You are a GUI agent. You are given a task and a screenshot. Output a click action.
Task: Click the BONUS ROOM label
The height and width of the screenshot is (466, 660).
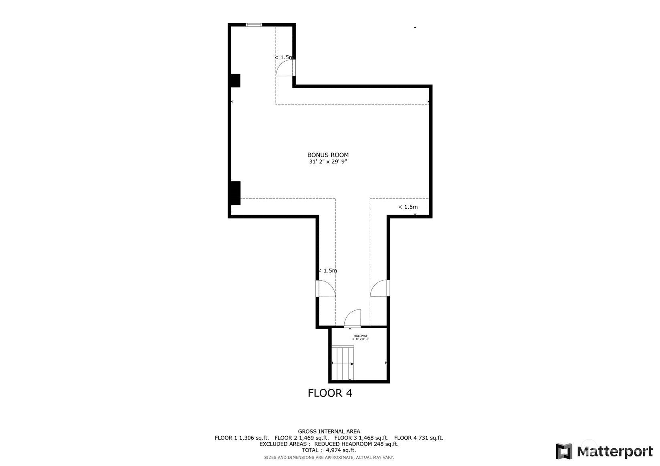[x=328, y=155]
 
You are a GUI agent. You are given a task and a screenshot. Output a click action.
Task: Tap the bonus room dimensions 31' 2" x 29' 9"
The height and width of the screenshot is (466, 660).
[x=328, y=162]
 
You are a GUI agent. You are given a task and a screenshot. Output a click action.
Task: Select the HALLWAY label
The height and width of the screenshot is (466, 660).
[x=360, y=336]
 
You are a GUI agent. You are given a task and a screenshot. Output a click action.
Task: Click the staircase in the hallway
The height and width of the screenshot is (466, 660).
[x=343, y=363]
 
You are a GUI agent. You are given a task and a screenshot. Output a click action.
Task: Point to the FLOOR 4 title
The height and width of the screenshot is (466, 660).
[x=330, y=393]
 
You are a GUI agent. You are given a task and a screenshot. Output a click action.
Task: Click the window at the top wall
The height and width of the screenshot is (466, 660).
[x=254, y=25]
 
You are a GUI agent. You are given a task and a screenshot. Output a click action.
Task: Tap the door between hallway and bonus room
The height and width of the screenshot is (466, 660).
[x=353, y=319]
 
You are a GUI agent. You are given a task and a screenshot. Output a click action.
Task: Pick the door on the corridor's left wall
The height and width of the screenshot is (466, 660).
[x=325, y=289]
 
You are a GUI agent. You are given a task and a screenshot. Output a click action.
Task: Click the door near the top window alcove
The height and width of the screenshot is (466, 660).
[x=285, y=68]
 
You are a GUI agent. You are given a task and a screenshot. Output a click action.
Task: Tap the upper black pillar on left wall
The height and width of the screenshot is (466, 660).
[x=235, y=80]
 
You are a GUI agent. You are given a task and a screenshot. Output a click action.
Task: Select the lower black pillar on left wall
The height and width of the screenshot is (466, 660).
[x=235, y=193]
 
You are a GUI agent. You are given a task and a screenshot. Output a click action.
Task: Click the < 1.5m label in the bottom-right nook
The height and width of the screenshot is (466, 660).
[x=408, y=207]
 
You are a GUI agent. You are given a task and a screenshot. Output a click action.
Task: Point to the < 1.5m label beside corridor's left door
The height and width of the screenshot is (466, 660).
[x=328, y=271]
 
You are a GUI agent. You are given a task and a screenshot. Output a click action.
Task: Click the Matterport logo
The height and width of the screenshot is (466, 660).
[x=604, y=452]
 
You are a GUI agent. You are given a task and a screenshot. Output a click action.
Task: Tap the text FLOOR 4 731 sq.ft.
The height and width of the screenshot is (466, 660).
[x=418, y=438]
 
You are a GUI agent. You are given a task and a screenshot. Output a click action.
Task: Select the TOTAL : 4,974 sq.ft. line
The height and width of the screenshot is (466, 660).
[x=329, y=450]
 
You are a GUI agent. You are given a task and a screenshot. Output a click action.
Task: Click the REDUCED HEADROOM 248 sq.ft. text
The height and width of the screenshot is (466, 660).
[x=356, y=444]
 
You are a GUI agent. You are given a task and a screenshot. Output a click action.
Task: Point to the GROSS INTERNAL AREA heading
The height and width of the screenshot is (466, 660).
[x=329, y=432]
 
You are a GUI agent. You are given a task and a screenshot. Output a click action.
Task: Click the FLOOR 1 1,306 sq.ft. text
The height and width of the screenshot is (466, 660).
[x=242, y=438]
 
